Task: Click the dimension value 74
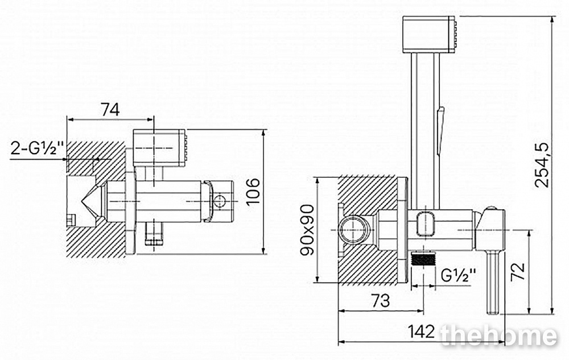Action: (x=110, y=110)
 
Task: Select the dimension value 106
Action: (x=254, y=192)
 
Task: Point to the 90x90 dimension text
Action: (x=307, y=230)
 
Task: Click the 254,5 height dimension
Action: (x=542, y=164)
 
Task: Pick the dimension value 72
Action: (x=518, y=271)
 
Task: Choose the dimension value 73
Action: (x=381, y=300)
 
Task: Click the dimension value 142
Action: (x=421, y=331)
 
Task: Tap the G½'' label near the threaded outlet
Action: (x=458, y=276)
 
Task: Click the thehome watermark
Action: (x=499, y=336)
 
